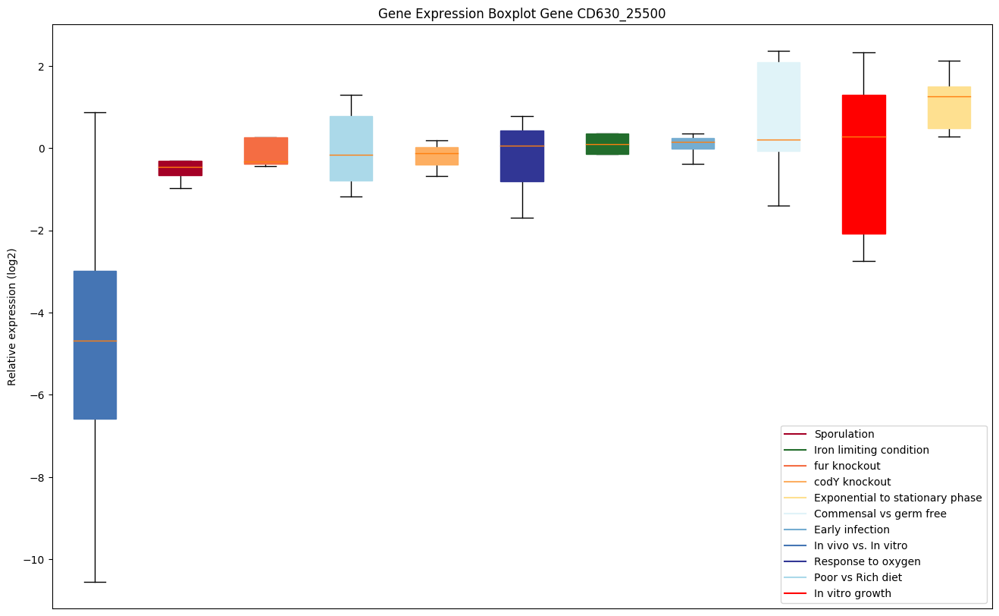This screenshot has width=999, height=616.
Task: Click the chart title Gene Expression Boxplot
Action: pyautogui.click(x=521, y=14)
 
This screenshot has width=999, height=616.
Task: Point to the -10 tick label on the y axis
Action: pyautogui.click(x=34, y=560)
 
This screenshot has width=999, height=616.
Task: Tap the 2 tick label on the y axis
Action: pyautogui.click(x=42, y=67)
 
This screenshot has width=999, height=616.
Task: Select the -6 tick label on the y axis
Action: pyautogui.click(x=37, y=395)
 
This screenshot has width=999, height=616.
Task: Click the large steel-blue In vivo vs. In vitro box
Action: pyautogui.click(x=95, y=344)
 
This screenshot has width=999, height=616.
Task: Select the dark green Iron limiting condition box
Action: pyautogui.click(x=607, y=143)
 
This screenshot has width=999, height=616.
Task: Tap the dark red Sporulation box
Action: pyautogui.click(x=180, y=168)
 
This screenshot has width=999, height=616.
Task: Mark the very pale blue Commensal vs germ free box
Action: pyautogui.click(x=778, y=107)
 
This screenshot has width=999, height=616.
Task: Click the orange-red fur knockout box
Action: pyautogui.click(x=265, y=151)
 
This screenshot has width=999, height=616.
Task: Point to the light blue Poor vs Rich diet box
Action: pyautogui.click(x=351, y=149)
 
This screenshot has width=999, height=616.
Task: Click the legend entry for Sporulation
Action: pyautogui.click(x=844, y=434)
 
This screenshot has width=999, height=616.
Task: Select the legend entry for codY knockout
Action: pyautogui.click(x=852, y=482)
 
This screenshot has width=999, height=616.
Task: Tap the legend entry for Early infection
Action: pyautogui.click(x=851, y=530)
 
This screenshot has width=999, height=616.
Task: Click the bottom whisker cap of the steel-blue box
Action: pyautogui.click(x=95, y=582)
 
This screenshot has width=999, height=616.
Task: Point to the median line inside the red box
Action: pyautogui.click(x=863, y=137)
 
